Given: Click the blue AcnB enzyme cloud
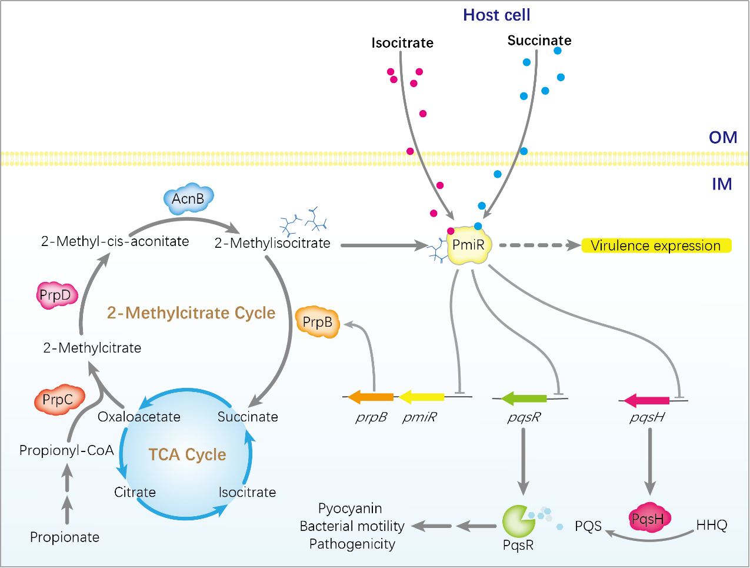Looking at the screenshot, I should coord(188,199).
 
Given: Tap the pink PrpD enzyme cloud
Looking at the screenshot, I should coord(56,295).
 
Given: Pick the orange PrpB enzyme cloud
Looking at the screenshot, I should coord(318,322).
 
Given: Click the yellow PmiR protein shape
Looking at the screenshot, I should coord(468,245).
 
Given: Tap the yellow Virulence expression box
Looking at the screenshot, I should coord(656,245).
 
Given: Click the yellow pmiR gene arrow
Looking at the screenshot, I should coord(422,397).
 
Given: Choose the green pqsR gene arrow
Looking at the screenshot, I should coord(524,398).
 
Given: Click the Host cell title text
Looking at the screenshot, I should coord(496,15).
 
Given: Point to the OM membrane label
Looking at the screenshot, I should coord(723,137).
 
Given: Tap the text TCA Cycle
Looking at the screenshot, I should coord(187,454).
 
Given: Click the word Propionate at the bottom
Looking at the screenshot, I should coord(65,537).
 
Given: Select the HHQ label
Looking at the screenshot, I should coord(712,524).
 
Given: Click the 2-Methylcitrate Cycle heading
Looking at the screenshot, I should coord(191,313).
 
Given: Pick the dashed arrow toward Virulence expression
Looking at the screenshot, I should coord(538,245).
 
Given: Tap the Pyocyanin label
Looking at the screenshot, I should coord(350,508).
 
